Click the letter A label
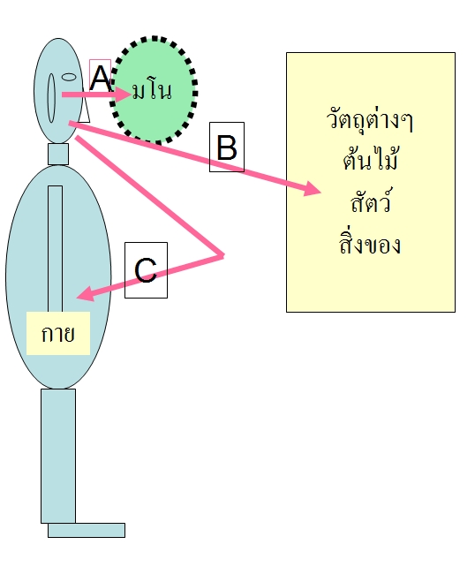tap(100, 78)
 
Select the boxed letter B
tap(227, 147)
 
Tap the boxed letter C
tap(146, 270)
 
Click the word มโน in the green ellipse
tap(152, 91)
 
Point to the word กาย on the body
tap(58, 334)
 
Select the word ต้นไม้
tap(371, 158)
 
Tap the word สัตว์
tap(371, 200)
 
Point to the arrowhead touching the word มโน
tap(124, 94)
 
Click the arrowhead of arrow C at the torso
tap(86, 293)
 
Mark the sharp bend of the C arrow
tap(222, 256)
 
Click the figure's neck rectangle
tap(58, 154)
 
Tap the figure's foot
tap(87, 530)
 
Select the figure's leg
tap(58, 456)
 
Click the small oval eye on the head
tap(69, 77)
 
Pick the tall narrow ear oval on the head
tap(52, 98)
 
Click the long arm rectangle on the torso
tap(55, 249)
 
